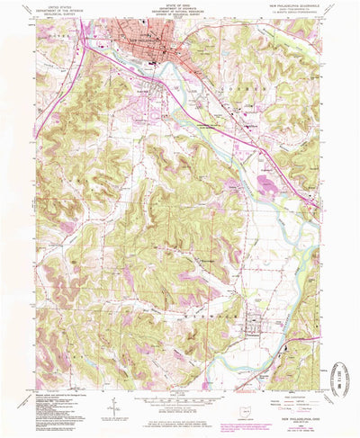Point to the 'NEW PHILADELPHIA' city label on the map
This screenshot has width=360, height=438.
tap(147, 41)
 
